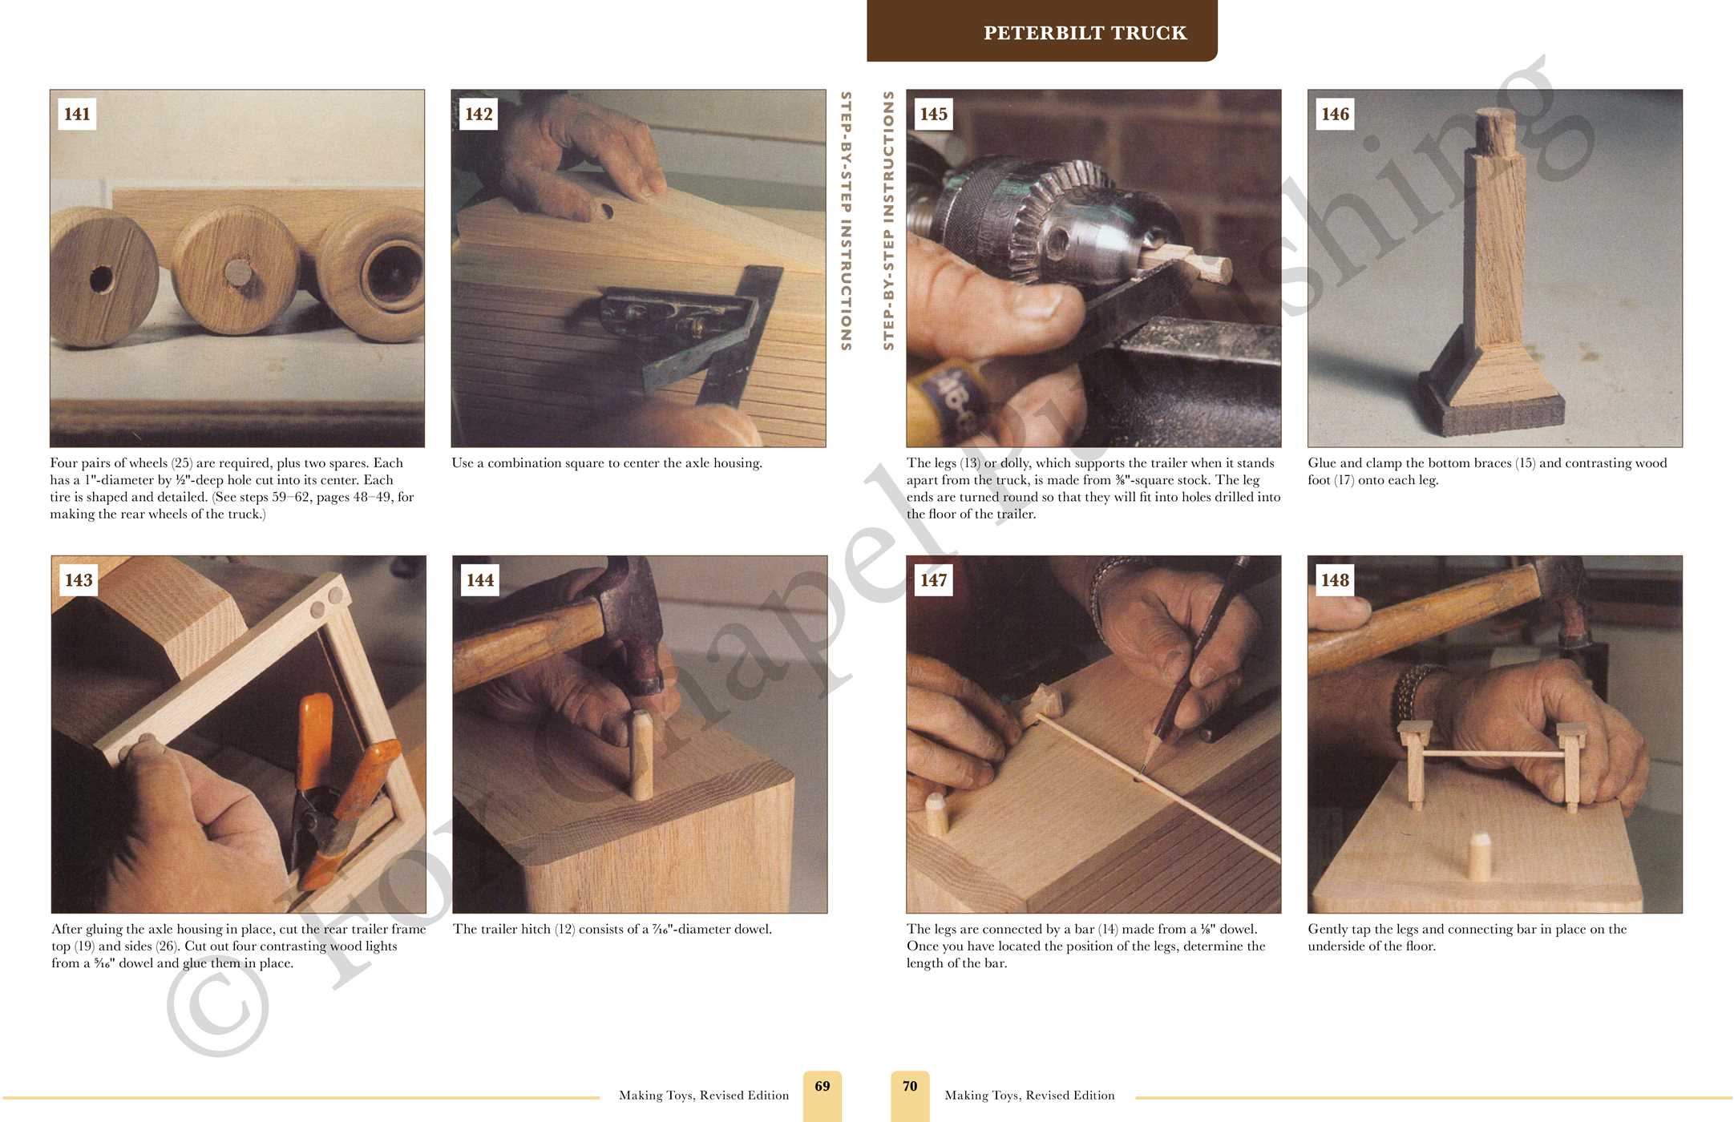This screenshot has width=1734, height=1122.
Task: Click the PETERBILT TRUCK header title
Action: [1085, 33]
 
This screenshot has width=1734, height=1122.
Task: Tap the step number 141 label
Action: [77, 114]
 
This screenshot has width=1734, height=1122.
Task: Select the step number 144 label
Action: [479, 580]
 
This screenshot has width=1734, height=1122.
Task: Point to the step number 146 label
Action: [1335, 114]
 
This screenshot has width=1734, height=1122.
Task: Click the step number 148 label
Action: [1335, 580]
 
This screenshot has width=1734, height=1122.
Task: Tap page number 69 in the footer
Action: [823, 1086]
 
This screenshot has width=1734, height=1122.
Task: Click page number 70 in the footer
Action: [910, 1086]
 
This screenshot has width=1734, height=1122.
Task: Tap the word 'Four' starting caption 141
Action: [65, 463]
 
